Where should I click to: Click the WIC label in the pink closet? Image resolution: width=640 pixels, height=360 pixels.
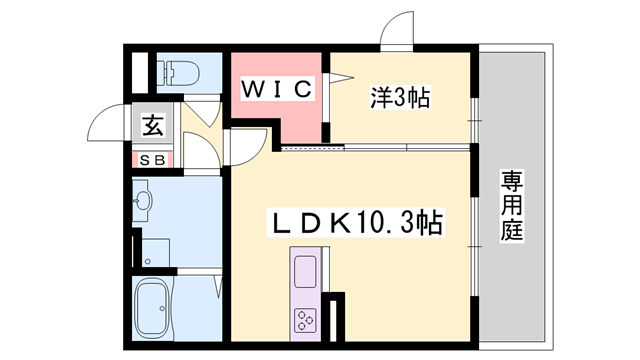(x=279, y=89)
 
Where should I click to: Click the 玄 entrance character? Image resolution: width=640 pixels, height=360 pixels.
(x=152, y=127)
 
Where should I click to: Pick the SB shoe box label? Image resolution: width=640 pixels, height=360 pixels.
(x=153, y=160)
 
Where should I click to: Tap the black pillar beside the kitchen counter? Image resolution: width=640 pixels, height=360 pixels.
(x=337, y=315)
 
